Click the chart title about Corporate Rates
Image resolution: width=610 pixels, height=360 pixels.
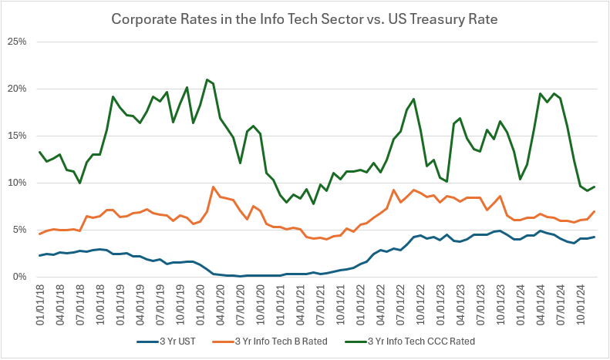point(305,18)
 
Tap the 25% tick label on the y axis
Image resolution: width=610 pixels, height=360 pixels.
point(18,41)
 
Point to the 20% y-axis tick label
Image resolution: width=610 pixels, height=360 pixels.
point(18,88)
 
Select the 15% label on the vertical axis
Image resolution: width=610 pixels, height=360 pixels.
point(18,135)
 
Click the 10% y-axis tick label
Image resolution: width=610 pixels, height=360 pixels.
point(18,183)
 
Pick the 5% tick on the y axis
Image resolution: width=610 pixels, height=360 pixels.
point(20,230)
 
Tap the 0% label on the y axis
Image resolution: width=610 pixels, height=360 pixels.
point(20,277)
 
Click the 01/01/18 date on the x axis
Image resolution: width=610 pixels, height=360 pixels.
point(40,303)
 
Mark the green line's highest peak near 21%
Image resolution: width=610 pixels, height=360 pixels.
point(207,79)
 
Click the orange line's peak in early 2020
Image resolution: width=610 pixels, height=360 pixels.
point(213,187)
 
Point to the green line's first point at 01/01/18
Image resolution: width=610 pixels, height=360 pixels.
point(40,152)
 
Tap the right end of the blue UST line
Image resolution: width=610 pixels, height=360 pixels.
point(594,237)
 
